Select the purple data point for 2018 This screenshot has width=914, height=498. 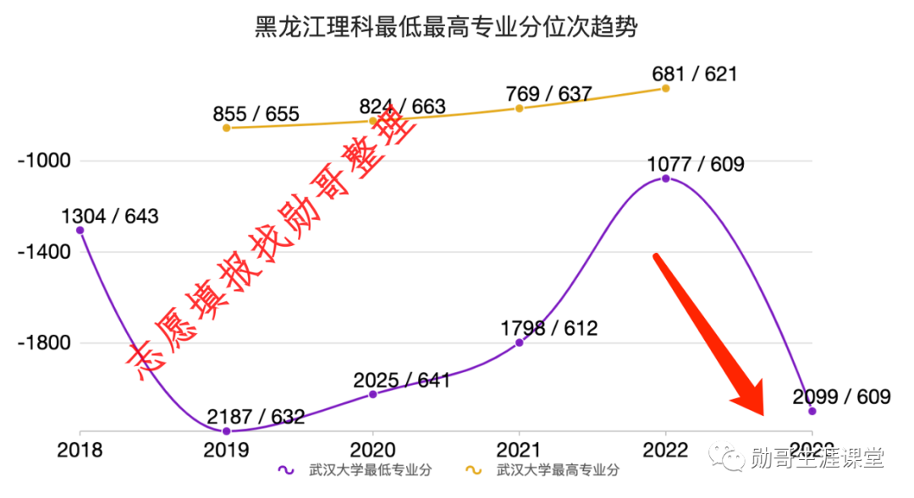(80, 230)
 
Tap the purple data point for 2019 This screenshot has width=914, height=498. (226, 431)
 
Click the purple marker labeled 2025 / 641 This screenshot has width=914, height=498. (373, 394)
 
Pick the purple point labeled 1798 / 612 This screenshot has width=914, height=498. (520, 342)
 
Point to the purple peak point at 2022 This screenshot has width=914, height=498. (666, 178)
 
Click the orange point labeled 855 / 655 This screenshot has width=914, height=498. (226, 128)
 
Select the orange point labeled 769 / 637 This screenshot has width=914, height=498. (520, 108)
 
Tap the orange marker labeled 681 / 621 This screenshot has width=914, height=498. (666, 88)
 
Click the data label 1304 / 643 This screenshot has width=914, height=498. (110, 216)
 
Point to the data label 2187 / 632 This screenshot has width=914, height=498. (256, 417)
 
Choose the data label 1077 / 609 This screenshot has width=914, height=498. (696, 164)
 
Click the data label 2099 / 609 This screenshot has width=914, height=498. (842, 396)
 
